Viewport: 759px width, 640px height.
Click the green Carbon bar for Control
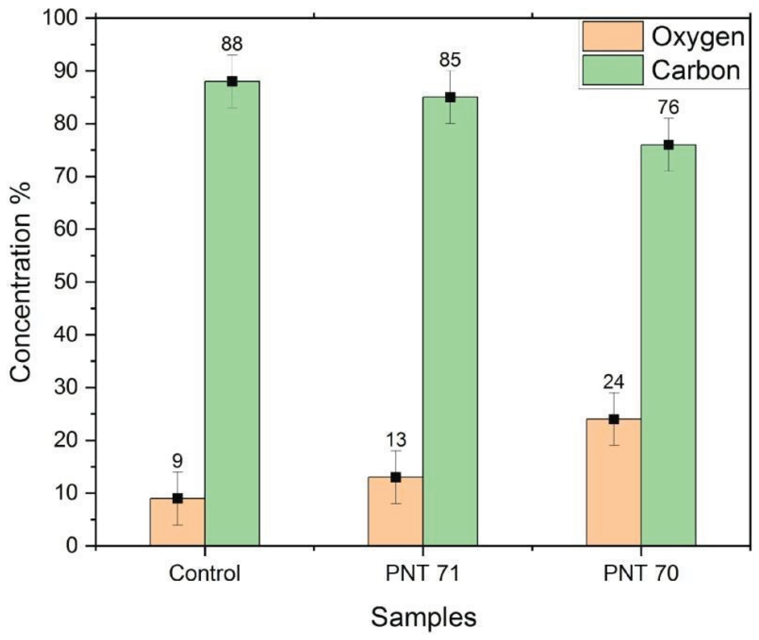232,312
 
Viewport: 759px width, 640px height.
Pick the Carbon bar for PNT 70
668,345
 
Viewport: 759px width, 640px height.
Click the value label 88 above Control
232,44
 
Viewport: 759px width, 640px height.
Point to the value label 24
613,382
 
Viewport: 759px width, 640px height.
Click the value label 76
668,108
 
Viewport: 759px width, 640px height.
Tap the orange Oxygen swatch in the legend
613,36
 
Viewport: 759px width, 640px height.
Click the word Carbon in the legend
696,71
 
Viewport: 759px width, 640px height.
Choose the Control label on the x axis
205,574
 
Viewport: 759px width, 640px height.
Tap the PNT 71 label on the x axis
423,574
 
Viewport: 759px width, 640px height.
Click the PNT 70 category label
641,574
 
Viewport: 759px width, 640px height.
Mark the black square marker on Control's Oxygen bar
177,499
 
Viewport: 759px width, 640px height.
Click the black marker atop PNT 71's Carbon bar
450,97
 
